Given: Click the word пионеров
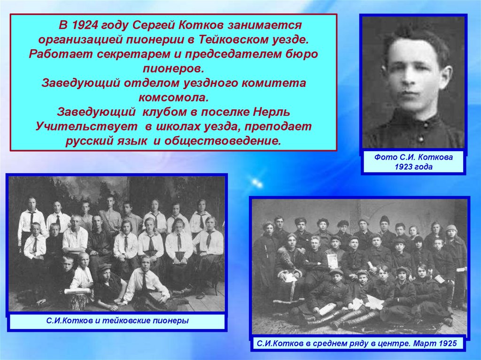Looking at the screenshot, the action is pyautogui.click(x=173, y=69).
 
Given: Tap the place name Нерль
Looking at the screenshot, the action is pyautogui.click(x=272, y=112).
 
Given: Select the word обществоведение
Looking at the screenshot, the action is pyautogui.click(x=223, y=141).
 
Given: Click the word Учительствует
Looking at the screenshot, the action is pyautogui.click(x=87, y=127).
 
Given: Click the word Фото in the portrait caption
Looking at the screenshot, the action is pyautogui.click(x=385, y=158).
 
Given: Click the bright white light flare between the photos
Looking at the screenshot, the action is pyautogui.click(x=257, y=184).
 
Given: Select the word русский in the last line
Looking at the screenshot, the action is pyautogui.click(x=88, y=141).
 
